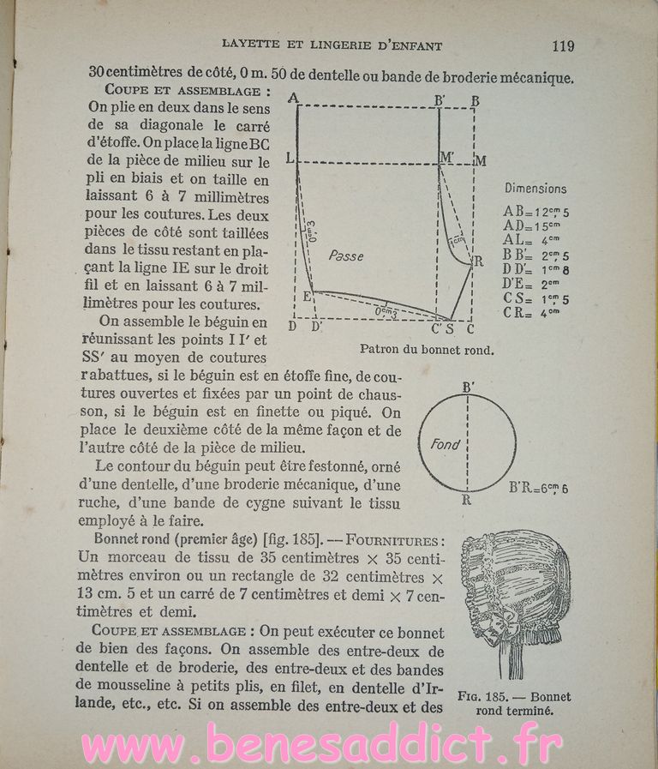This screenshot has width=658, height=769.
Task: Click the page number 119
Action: pos(563,45)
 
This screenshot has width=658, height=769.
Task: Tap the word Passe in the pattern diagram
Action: pos(345,255)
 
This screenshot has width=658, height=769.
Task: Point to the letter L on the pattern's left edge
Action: pos(290,160)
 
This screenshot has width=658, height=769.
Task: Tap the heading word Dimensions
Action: pos(535,189)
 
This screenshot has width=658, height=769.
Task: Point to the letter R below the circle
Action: pos(467,499)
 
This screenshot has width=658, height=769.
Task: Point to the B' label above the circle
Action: pos(468,387)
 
